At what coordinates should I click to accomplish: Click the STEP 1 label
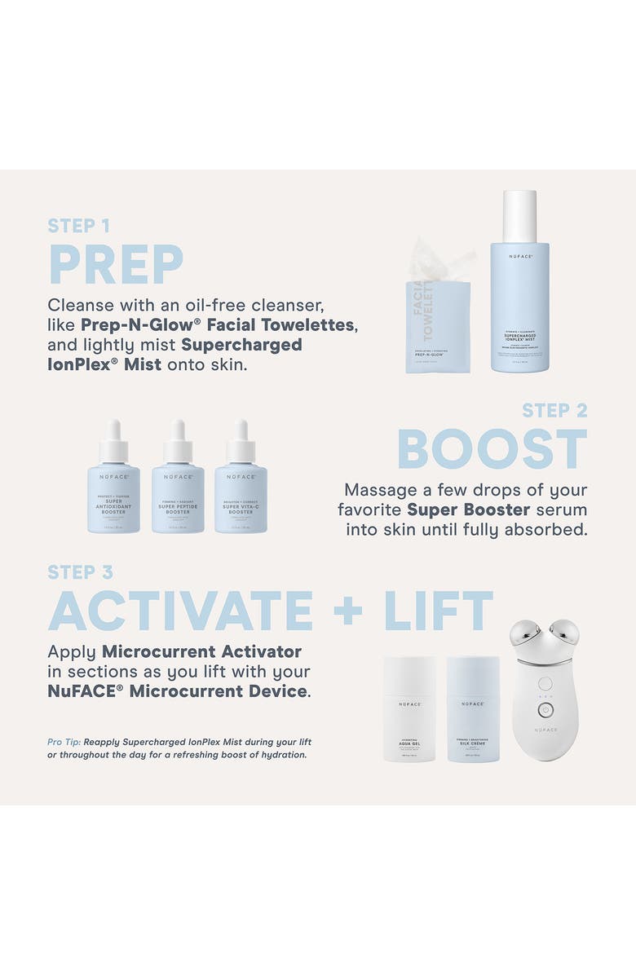pyautogui.click(x=78, y=226)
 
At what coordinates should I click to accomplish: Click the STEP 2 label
pyautogui.click(x=554, y=410)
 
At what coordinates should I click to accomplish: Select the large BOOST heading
pyautogui.click(x=492, y=449)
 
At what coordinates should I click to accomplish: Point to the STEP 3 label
pyautogui.click(x=80, y=572)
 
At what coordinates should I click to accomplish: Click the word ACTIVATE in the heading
pyautogui.click(x=180, y=611)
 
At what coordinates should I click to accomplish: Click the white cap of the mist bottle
pyautogui.click(x=519, y=215)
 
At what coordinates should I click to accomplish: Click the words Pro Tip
pyautogui.click(x=64, y=742)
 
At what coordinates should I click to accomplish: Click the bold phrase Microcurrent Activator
pyautogui.click(x=201, y=651)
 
